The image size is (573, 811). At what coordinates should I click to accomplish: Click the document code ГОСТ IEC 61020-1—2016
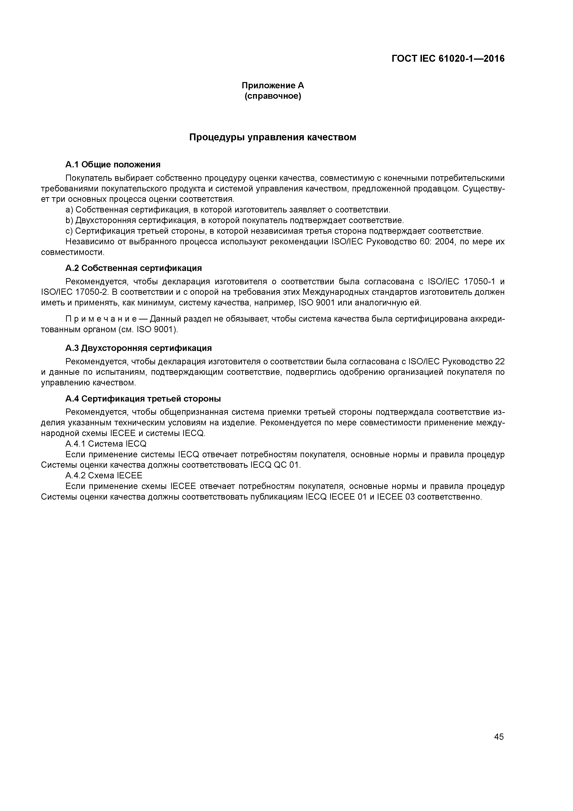448,59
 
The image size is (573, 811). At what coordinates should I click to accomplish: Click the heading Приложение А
273,86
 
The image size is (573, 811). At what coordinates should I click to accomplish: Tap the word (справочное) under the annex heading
273,96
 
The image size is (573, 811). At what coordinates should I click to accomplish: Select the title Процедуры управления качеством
273,137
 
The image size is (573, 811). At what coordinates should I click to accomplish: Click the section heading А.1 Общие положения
113,165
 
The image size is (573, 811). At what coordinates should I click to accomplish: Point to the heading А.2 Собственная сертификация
134,268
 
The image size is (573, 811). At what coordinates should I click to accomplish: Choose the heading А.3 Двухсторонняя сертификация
138,348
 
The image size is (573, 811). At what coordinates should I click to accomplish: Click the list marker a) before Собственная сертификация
69,210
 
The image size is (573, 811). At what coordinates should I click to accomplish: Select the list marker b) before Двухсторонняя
69,221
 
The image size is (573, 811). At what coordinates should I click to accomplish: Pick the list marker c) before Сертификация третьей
69,231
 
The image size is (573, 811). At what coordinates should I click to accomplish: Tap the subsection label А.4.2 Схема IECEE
104,476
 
